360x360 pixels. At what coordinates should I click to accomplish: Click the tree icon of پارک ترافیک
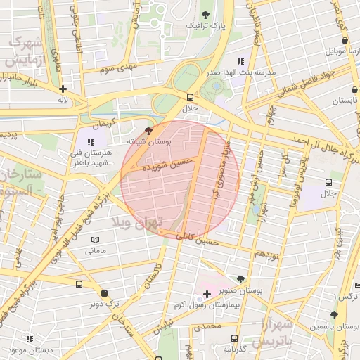tap(205, 14)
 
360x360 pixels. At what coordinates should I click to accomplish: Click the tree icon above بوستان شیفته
tap(148, 131)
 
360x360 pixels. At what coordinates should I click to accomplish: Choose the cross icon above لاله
tap(63, 89)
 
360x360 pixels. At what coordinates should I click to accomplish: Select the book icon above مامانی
tap(96, 240)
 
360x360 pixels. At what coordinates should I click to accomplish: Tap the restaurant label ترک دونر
tap(104, 304)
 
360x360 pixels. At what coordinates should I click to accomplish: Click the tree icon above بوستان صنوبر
tap(242, 279)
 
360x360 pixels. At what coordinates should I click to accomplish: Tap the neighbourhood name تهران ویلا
tap(138, 223)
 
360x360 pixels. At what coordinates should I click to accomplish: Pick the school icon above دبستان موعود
tap(30, 339)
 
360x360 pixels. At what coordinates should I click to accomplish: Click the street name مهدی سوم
tap(117, 69)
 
